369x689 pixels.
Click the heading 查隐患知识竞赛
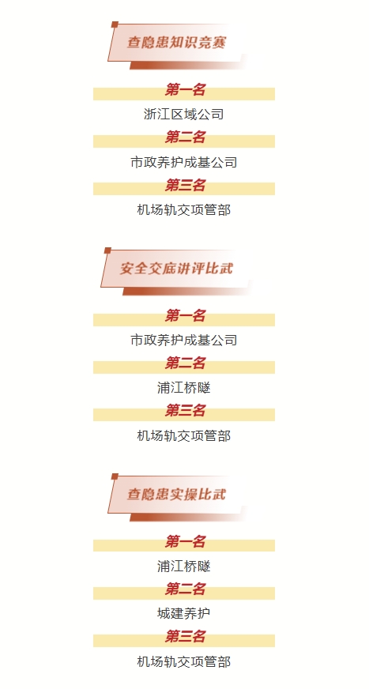[x=176, y=43]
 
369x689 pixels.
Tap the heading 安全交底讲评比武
[x=176, y=269]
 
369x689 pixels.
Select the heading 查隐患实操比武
[x=176, y=495]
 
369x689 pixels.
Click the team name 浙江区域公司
[x=184, y=115]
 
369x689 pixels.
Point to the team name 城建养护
[x=184, y=613]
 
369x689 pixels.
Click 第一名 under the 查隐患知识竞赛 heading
[x=185, y=90]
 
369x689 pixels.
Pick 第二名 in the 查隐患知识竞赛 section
[x=185, y=137]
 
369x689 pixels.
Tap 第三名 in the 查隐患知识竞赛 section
[x=185, y=186]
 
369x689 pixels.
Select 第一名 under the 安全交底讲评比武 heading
[x=185, y=316]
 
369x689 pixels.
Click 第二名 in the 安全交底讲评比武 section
[x=185, y=363]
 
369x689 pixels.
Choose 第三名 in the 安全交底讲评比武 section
[x=185, y=411]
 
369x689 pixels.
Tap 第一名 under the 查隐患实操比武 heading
[x=185, y=542]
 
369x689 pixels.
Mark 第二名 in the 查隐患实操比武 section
[x=185, y=589]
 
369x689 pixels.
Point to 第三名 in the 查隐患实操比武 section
[x=185, y=637]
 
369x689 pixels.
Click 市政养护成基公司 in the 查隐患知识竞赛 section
[x=184, y=162]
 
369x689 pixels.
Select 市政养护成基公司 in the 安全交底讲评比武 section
[x=184, y=340]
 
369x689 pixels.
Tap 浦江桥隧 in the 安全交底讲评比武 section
[x=184, y=387]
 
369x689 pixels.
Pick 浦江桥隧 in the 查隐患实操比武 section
[x=184, y=566]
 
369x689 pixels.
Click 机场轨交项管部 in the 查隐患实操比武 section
[x=184, y=661]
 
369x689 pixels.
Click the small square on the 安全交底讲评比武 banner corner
[x=107, y=250]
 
